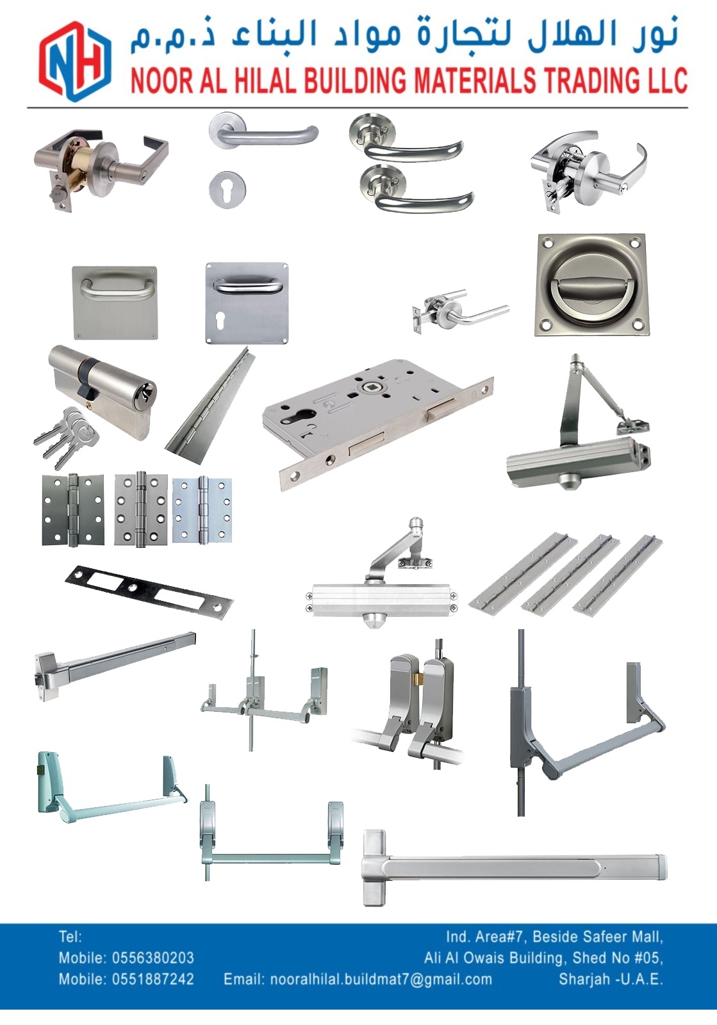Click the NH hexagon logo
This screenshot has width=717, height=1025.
[x=75, y=60]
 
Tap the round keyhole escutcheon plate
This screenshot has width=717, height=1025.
[x=227, y=188]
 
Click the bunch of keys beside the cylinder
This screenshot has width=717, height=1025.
[x=67, y=438]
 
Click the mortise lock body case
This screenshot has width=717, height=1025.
[x=378, y=423]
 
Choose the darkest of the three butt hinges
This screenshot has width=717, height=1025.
[x=73, y=510]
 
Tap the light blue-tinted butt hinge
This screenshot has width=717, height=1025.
[x=202, y=510]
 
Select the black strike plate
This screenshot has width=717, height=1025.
[x=149, y=593]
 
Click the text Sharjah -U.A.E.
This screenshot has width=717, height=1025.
[x=611, y=980]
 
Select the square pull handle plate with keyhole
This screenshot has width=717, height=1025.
[x=247, y=302]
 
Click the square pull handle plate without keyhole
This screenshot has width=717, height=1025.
[x=115, y=302]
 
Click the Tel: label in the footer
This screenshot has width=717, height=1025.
[x=70, y=937]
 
